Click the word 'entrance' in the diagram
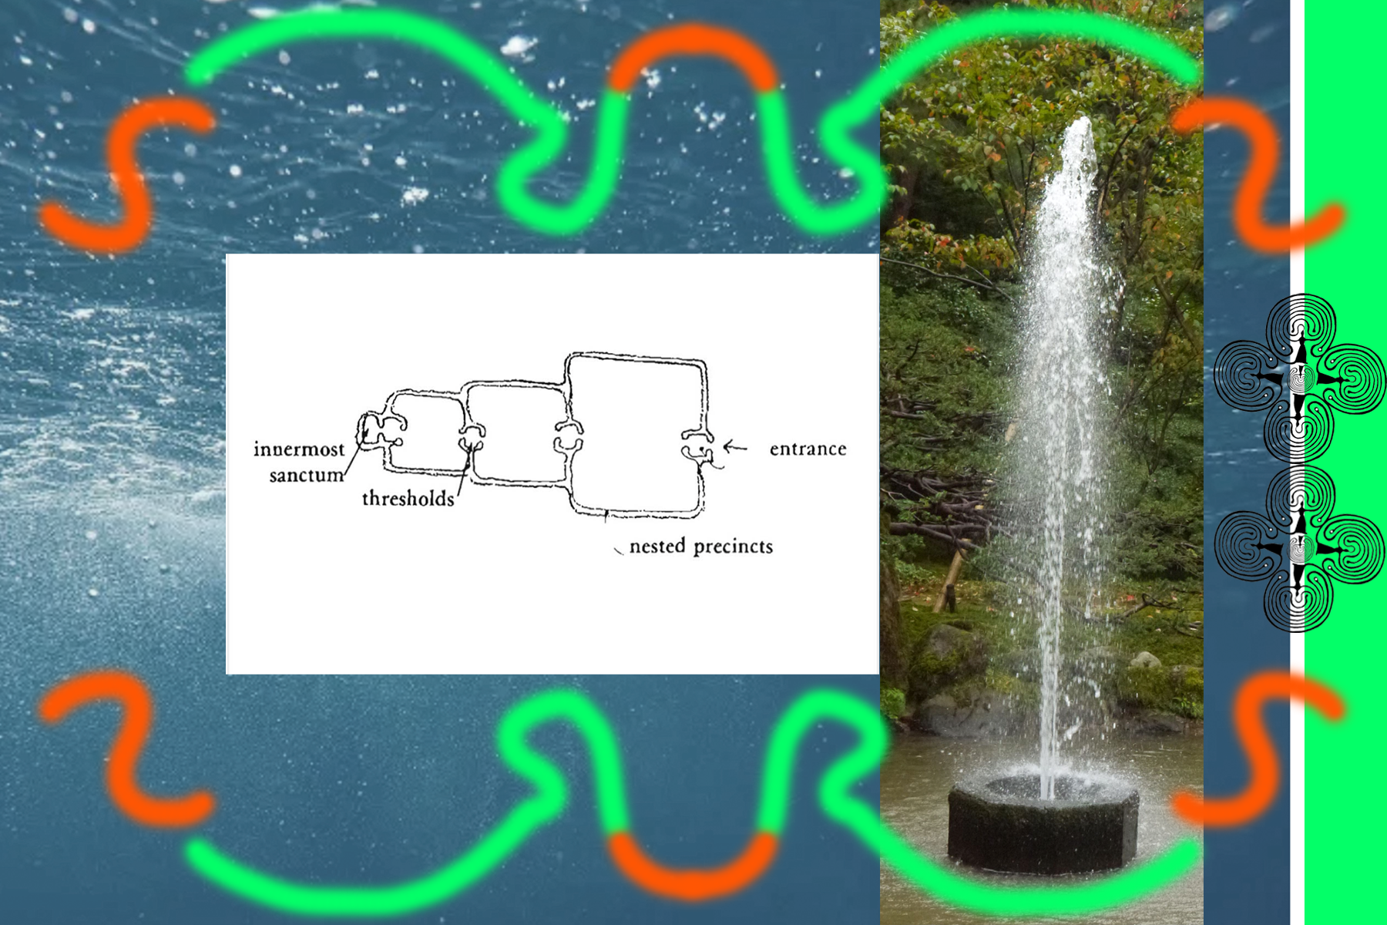coord(808,449)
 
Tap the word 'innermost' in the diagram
coord(299,449)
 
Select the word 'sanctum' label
coord(306,475)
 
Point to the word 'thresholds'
coord(408,499)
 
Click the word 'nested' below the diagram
coord(657,547)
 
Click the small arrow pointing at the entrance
coord(735,447)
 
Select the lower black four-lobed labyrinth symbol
coord(1299,549)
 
